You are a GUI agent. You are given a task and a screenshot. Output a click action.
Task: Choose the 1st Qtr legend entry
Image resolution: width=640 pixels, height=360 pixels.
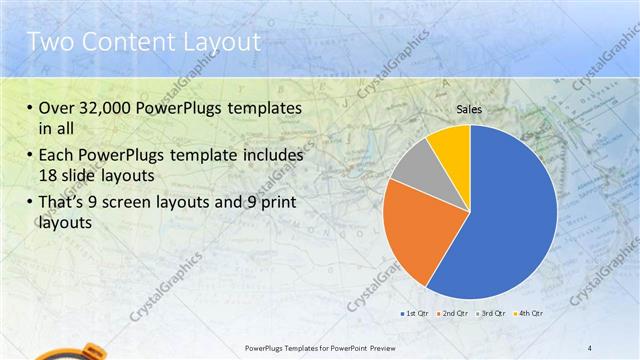(x=416, y=314)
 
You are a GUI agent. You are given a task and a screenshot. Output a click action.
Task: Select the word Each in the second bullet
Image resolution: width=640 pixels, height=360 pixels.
(x=56, y=156)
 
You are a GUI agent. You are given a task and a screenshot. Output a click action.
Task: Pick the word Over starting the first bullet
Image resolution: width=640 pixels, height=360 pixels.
(x=58, y=109)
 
